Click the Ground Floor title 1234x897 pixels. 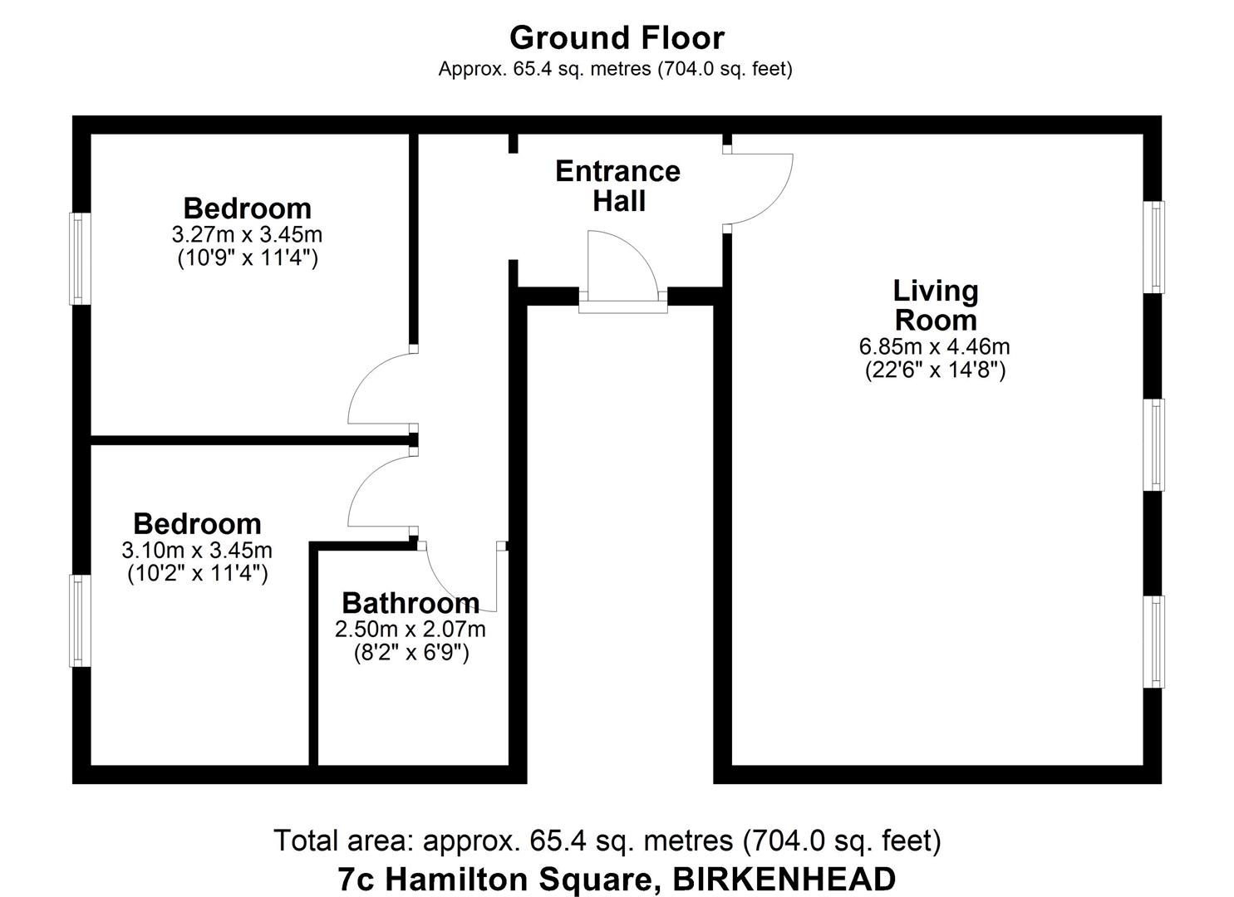click(x=617, y=38)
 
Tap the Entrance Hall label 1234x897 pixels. click(x=617, y=186)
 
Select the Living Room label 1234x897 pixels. click(x=936, y=306)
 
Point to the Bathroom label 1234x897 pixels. click(x=411, y=602)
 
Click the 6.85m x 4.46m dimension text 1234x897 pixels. click(x=935, y=346)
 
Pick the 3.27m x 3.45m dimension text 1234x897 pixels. click(x=248, y=234)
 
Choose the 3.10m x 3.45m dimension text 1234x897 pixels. click(x=197, y=550)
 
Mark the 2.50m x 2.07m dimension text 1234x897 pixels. click(x=411, y=630)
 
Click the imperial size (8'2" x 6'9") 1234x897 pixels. click(x=411, y=653)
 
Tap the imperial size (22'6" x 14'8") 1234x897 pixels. click(x=935, y=370)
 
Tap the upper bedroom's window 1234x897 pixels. click(x=80, y=258)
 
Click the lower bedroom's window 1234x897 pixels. click(x=80, y=620)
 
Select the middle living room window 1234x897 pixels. click(x=1154, y=444)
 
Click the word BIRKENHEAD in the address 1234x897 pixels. click(x=784, y=879)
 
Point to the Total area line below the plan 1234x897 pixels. click(x=607, y=841)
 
